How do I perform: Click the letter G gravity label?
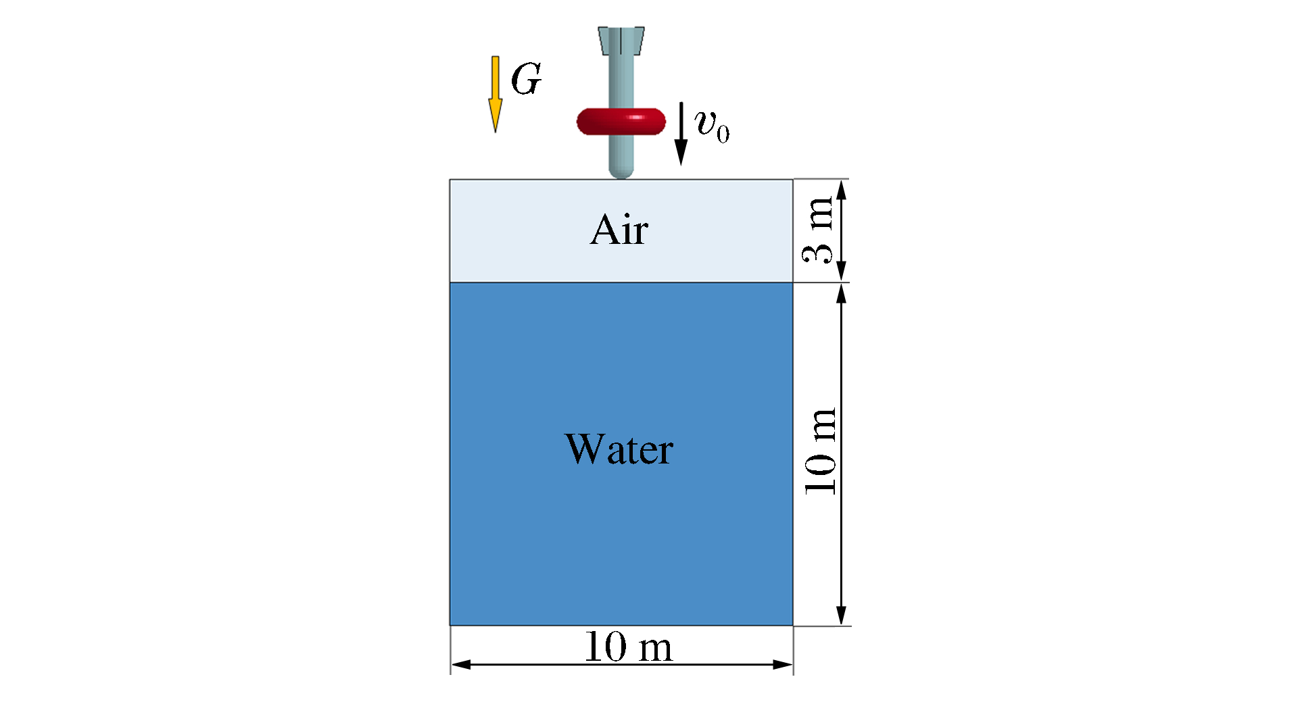pyautogui.click(x=526, y=79)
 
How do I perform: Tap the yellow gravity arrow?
pyautogui.click(x=496, y=94)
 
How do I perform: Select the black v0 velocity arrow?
pyautogui.click(x=681, y=134)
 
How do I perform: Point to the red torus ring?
pyautogui.click(x=621, y=121)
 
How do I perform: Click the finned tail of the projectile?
pyautogui.click(x=621, y=41)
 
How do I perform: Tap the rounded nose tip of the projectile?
pyautogui.click(x=621, y=174)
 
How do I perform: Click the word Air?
pyautogui.click(x=619, y=230)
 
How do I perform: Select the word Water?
pyautogui.click(x=619, y=449)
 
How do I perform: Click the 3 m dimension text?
pyautogui.click(x=818, y=230)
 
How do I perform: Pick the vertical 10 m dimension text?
pyautogui.click(x=821, y=451)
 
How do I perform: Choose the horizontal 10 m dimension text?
pyautogui.click(x=628, y=647)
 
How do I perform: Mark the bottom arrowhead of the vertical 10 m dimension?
pyautogui.click(x=842, y=616)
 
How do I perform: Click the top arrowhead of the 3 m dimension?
pyautogui.click(x=842, y=190)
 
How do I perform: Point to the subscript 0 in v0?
pyautogui.click(x=723, y=133)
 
